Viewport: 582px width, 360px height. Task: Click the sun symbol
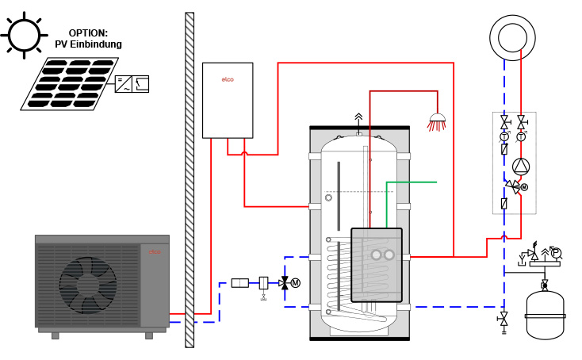tap(24, 35)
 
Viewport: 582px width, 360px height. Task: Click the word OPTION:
tap(88, 33)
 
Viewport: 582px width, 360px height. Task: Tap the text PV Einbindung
tap(88, 44)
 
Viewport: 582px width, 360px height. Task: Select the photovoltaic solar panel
tap(70, 83)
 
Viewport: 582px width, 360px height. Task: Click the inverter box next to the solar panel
tap(132, 84)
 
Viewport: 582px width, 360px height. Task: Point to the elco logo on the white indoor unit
tap(228, 79)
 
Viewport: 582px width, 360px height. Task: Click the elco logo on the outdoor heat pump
tap(155, 252)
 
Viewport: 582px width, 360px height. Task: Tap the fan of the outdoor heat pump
tap(88, 285)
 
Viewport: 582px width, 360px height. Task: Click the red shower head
tap(437, 122)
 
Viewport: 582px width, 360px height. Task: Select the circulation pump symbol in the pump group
tap(521, 167)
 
